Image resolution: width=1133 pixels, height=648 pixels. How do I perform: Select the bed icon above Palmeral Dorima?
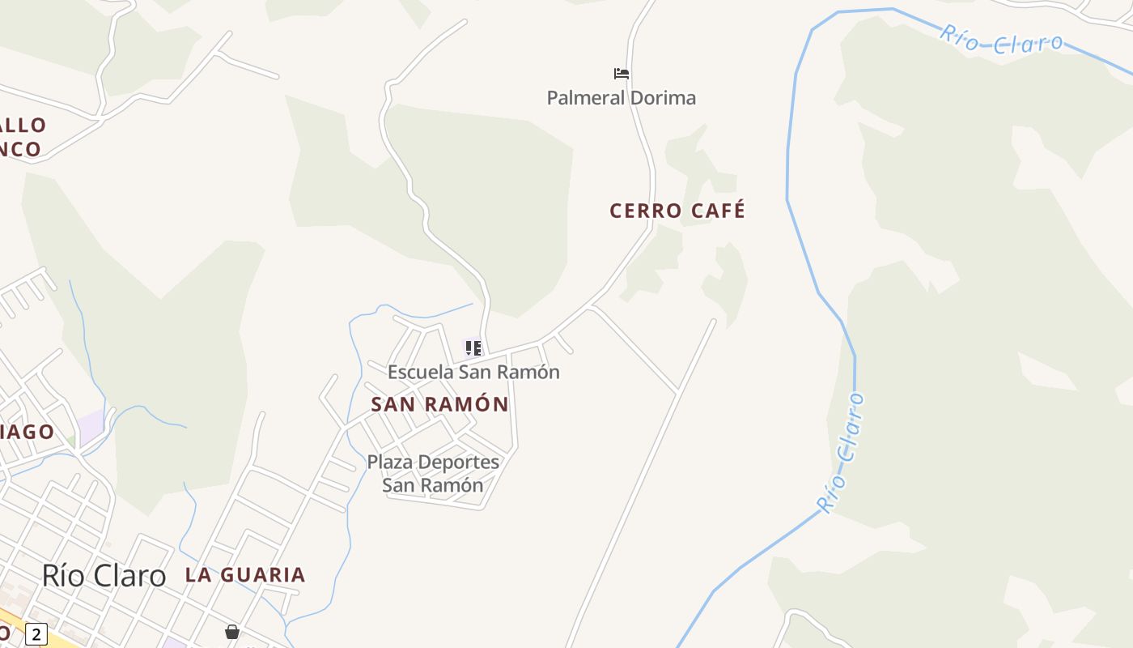[622, 74]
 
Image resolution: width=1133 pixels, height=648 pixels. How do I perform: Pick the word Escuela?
[421, 373]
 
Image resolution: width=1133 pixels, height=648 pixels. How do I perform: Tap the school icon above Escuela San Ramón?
[473, 348]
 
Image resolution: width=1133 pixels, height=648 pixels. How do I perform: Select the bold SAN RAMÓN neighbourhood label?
[439, 404]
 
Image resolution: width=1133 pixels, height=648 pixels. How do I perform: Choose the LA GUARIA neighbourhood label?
[245, 575]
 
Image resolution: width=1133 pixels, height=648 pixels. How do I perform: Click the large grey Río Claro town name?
[104, 576]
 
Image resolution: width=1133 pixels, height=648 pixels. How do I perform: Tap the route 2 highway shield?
[36, 634]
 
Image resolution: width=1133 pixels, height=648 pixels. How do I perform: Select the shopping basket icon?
[232, 632]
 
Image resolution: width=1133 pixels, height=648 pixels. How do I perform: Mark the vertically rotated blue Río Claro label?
[842, 452]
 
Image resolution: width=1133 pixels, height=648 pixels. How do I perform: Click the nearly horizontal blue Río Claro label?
[1001, 40]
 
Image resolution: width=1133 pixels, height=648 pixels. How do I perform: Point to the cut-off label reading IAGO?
[27, 432]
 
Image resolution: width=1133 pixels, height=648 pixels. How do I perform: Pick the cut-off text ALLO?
[23, 126]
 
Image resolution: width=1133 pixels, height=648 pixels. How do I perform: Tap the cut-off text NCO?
[20, 149]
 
